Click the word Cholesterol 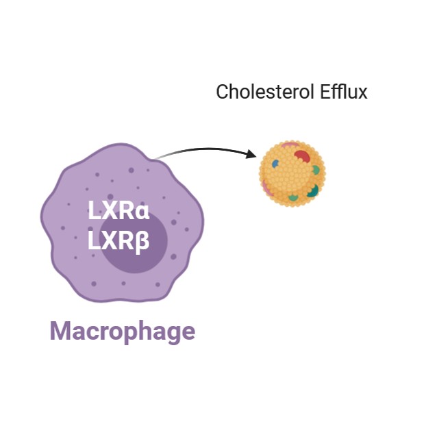266,92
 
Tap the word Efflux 343,92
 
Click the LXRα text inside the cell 118,210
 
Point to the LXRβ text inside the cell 118,240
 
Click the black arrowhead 251,154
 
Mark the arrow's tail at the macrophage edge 154,158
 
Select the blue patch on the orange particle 275,164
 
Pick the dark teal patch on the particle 313,190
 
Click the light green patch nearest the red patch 316,170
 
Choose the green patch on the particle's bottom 293,197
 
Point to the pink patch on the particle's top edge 290,145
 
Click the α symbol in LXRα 142,212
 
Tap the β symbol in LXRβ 142,242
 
